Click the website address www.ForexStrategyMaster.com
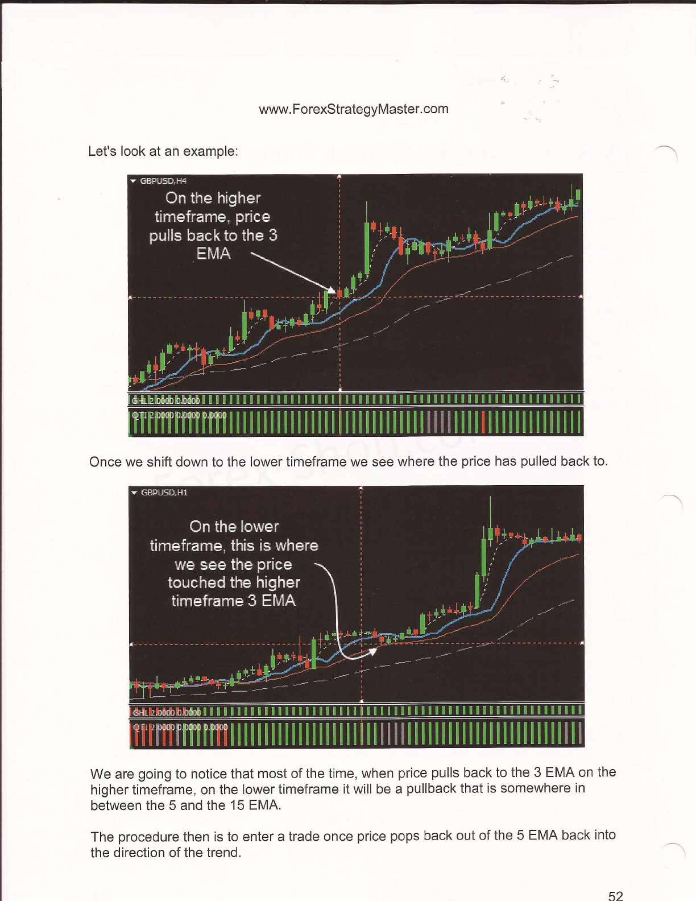click(x=353, y=109)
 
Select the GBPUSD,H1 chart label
click(x=163, y=493)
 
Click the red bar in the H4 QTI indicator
click(x=483, y=422)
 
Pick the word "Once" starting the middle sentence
click(x=105, y=461)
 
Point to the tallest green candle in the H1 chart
click(x=484, y=555)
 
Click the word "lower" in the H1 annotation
click(x=259, y=527)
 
